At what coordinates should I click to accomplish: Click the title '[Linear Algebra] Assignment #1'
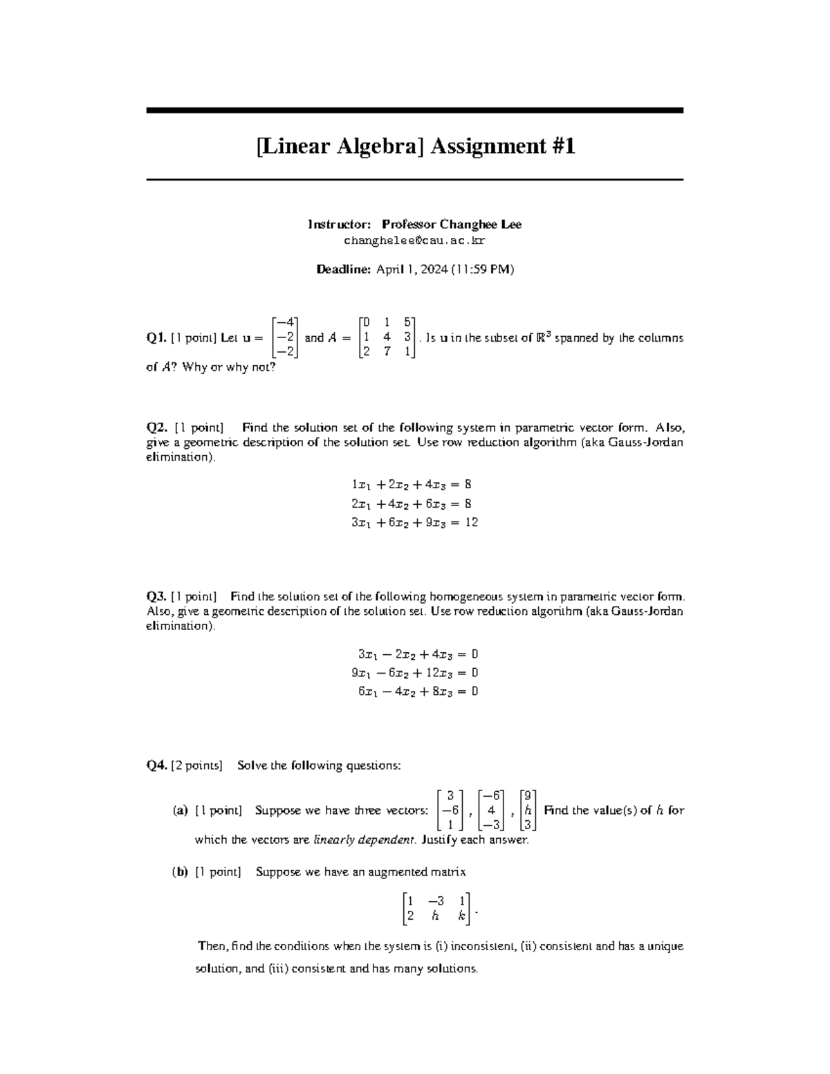(415, 147)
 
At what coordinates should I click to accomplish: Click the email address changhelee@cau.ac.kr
(414, 241)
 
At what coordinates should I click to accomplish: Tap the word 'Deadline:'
(344, 270)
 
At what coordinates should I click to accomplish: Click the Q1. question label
(156, 338)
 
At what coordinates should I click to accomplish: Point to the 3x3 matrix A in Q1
(387, 337)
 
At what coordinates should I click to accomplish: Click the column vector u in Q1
(285, 337)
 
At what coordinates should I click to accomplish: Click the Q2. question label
(157, 427)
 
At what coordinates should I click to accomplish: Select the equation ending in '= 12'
(414, 523)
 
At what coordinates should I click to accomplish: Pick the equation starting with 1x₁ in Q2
(412, 485)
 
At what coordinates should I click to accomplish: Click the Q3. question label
(156, 596)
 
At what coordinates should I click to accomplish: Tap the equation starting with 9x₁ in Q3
(414, 673)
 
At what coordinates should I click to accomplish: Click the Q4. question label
(156, 766)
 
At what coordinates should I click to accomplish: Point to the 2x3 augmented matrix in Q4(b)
(436, 908)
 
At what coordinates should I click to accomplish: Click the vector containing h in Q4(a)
(527, 810)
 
